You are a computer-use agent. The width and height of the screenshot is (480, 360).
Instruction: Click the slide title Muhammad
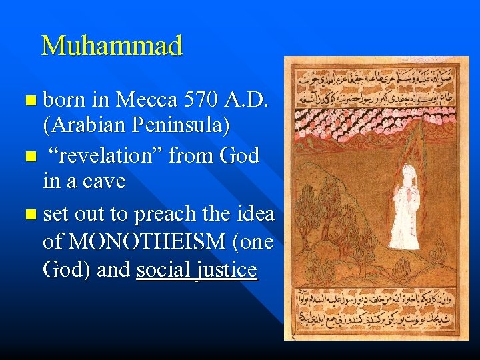111,46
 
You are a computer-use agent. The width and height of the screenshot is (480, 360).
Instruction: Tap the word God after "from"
237,157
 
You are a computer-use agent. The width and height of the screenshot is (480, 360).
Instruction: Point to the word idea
254,213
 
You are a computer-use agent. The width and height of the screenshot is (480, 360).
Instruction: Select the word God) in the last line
65,270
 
